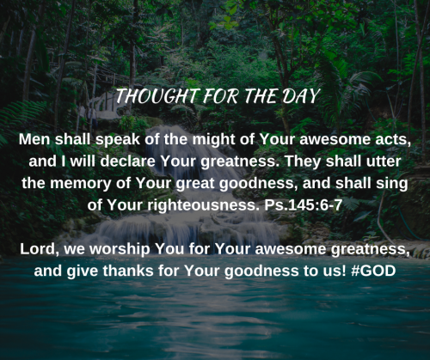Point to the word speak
coord(117,140)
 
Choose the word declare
coord(127,161)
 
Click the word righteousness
coord(203,205)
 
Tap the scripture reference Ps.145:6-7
coord(304,204)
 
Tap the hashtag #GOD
coord(373,271)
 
